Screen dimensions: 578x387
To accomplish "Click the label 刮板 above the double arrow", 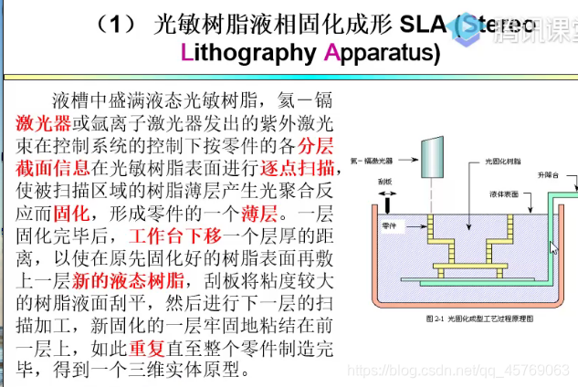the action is [x=387, y=181].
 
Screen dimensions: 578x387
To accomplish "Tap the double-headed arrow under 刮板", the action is [x=386, y=193].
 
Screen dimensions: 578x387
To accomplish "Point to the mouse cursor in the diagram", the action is [x=552, y=246].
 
